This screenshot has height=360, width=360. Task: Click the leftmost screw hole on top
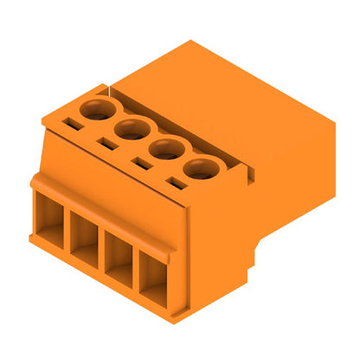click(94, 109)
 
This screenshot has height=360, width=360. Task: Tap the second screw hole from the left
click(130, 130)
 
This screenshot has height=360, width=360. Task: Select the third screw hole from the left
click(166, 149)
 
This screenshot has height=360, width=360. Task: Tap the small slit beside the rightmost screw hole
click(175, 184)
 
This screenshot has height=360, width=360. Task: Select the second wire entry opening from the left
click(86, 244)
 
